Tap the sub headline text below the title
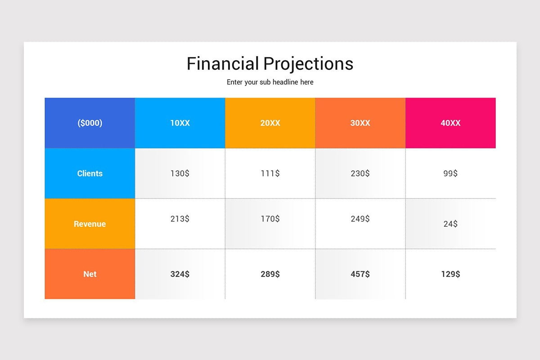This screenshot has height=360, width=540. [x=270, y=82]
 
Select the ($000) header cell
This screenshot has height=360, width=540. [x=90, y=123]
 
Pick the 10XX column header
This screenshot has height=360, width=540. [x=180, y=123]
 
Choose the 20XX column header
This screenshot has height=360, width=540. [x=270, y=123]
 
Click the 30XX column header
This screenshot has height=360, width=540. [x=360, y=123]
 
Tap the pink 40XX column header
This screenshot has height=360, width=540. [x=450, y=123]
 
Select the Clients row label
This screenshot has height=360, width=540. [x=90, y=173]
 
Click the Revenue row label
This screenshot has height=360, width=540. [x=90, y=224]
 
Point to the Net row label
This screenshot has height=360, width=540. [x=90, y=274]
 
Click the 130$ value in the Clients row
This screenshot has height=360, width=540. [x=180, y=173]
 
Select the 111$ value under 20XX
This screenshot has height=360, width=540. [x=270, y=173]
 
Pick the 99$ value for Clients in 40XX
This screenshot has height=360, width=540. [x=450, y=173]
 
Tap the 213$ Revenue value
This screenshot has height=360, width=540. [x=180, y=219]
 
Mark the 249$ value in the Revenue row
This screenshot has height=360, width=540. [x=360, y=219]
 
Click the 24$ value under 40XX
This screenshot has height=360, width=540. [x=450, y=224]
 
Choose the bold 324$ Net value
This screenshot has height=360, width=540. [x=180, y=274]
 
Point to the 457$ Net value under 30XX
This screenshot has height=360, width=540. [x=360, y=274]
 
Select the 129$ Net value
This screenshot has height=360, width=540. [x=450, y=274]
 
